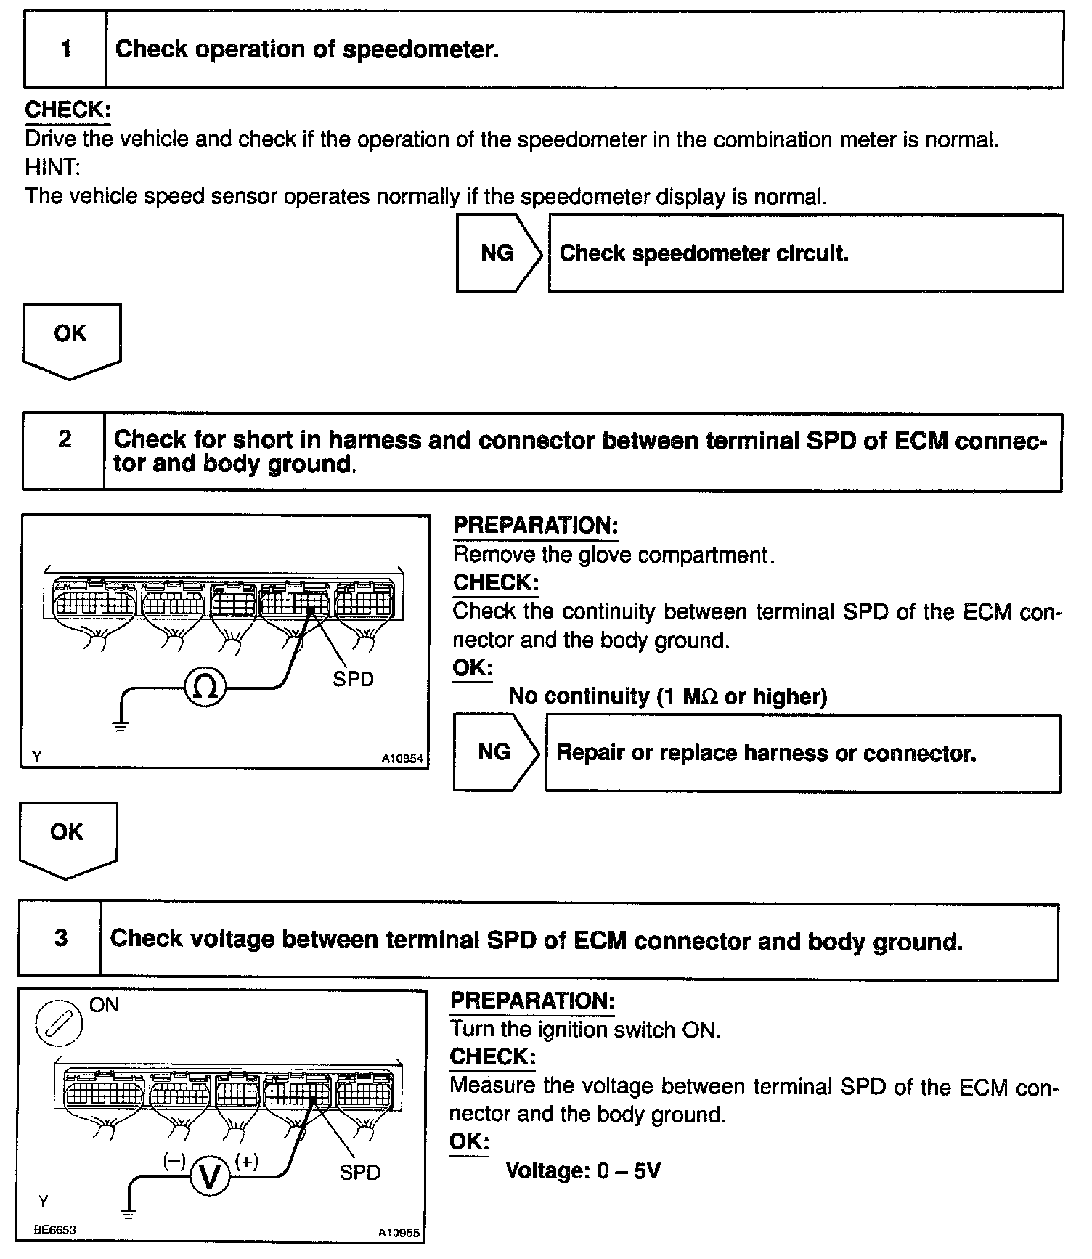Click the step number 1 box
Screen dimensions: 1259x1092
click(65, 49)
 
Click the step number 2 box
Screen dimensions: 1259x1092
click(64, 452)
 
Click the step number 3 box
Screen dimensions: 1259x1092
click(60, 939)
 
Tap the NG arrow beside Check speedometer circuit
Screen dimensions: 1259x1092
click(499, 253)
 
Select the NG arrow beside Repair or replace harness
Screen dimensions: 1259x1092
click(496, 753)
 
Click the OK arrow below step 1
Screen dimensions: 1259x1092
click(71, 338)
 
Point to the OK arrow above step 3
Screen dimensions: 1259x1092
click(68, 837)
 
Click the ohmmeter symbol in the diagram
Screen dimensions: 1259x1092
click(205, 687)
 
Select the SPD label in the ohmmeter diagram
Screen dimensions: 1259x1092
click(353, 680)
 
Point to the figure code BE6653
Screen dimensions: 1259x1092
click(54, 1229)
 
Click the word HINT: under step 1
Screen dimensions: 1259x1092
click(52, 168)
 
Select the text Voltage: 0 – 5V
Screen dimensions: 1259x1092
click(583, 1170)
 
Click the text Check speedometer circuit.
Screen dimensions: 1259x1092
click(704, 253)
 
